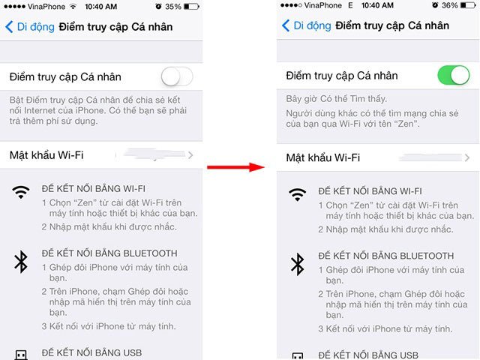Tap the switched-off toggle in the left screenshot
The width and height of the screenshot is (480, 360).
[x=177, y=76]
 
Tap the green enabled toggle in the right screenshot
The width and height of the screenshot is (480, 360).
[x=453, y=75]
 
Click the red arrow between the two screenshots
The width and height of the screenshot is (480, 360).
[x=235, y=167]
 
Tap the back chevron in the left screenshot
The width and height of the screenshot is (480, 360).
[x=9, y=27]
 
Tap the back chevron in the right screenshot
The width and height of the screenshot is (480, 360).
[x=286, y=25]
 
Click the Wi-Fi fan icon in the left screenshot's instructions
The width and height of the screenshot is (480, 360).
[x=21, y=192]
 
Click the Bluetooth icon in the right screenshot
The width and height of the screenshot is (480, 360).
[x=297, y=265]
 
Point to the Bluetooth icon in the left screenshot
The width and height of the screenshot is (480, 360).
[x=21, y=262]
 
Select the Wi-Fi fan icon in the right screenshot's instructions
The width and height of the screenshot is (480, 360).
[x=297, y=195]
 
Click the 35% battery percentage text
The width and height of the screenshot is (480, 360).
[x=173, y=7]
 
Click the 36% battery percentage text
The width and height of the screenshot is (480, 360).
[x=450, y=5]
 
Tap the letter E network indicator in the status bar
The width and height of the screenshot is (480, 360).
[x=350, y=5]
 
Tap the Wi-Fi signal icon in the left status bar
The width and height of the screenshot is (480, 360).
[x=73, y=6]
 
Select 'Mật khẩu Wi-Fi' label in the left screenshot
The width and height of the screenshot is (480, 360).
[x=46, y=155]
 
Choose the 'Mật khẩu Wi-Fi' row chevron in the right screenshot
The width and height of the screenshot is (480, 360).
[x=466, y=157]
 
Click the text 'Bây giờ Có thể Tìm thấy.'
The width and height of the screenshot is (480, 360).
[x=337, y=99]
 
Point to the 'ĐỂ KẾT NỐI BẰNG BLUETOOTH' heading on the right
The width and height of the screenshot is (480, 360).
[x=386, y=256]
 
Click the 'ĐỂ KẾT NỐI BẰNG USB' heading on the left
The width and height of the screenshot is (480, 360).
[x=91, y=353]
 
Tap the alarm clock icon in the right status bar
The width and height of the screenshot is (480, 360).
[x=435, y=5]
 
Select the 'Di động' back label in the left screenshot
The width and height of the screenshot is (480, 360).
[x=36, y=27]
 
